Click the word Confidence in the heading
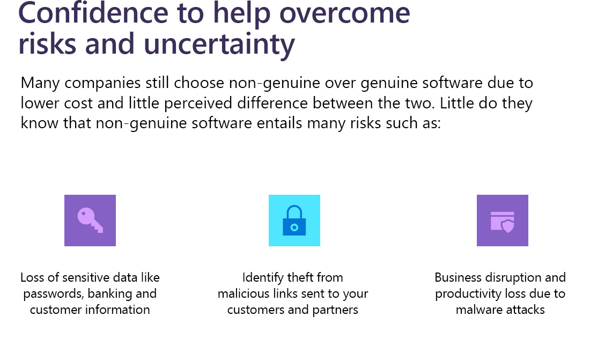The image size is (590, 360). tap(93, 13)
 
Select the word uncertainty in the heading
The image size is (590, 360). tap(219, 45)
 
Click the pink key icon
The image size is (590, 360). tap(90, 221)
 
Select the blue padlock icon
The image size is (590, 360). tap(294, 221)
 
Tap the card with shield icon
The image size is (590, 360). tap(503, 222)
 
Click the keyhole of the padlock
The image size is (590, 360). tap(294, 227)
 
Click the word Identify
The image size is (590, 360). tap(263, 278)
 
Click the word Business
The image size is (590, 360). tap(458, 277)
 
